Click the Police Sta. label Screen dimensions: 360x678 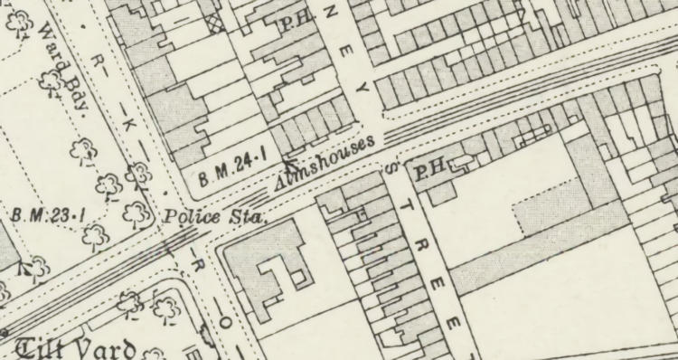[213, 218]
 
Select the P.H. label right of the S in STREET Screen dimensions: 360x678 [428, 169]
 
